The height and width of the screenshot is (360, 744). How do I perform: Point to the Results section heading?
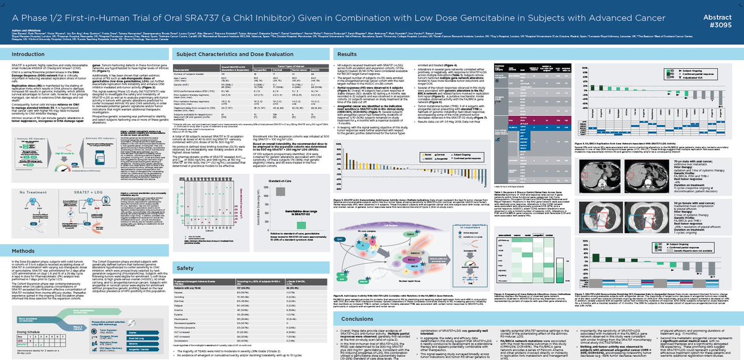[347, 55]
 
